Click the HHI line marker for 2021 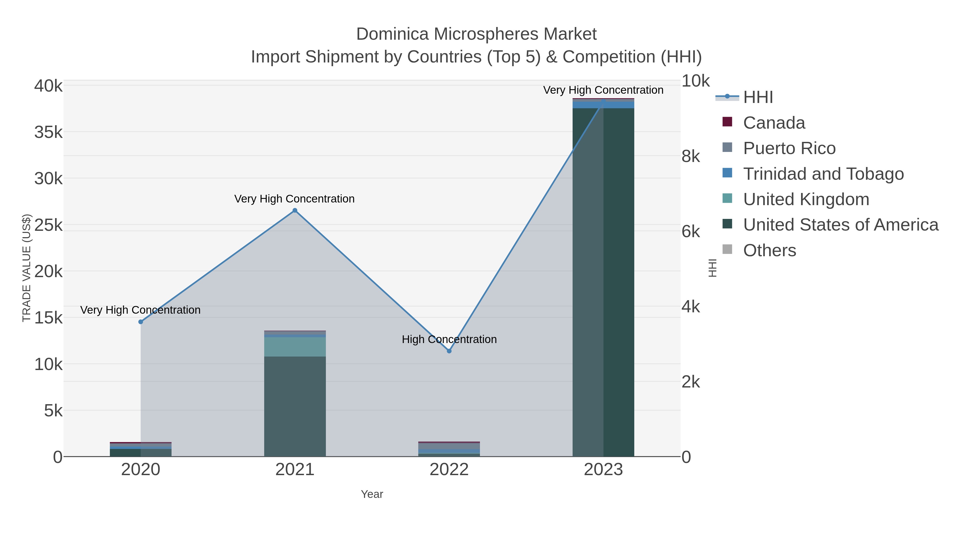[x=295, y=210]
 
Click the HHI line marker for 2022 [x=449, y=351]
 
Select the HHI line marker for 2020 [x=141, y=322]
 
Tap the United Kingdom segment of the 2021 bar [x=295, y=346]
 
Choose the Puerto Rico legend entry [x=789, y=148]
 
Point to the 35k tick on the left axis [x=48, y=132]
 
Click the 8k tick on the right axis [x=691, y=156]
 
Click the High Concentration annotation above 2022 [x=449, y=339]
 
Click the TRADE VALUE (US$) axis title [x=27, y=268]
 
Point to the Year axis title [x=372, y=494]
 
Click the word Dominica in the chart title [x=393, y=34]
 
